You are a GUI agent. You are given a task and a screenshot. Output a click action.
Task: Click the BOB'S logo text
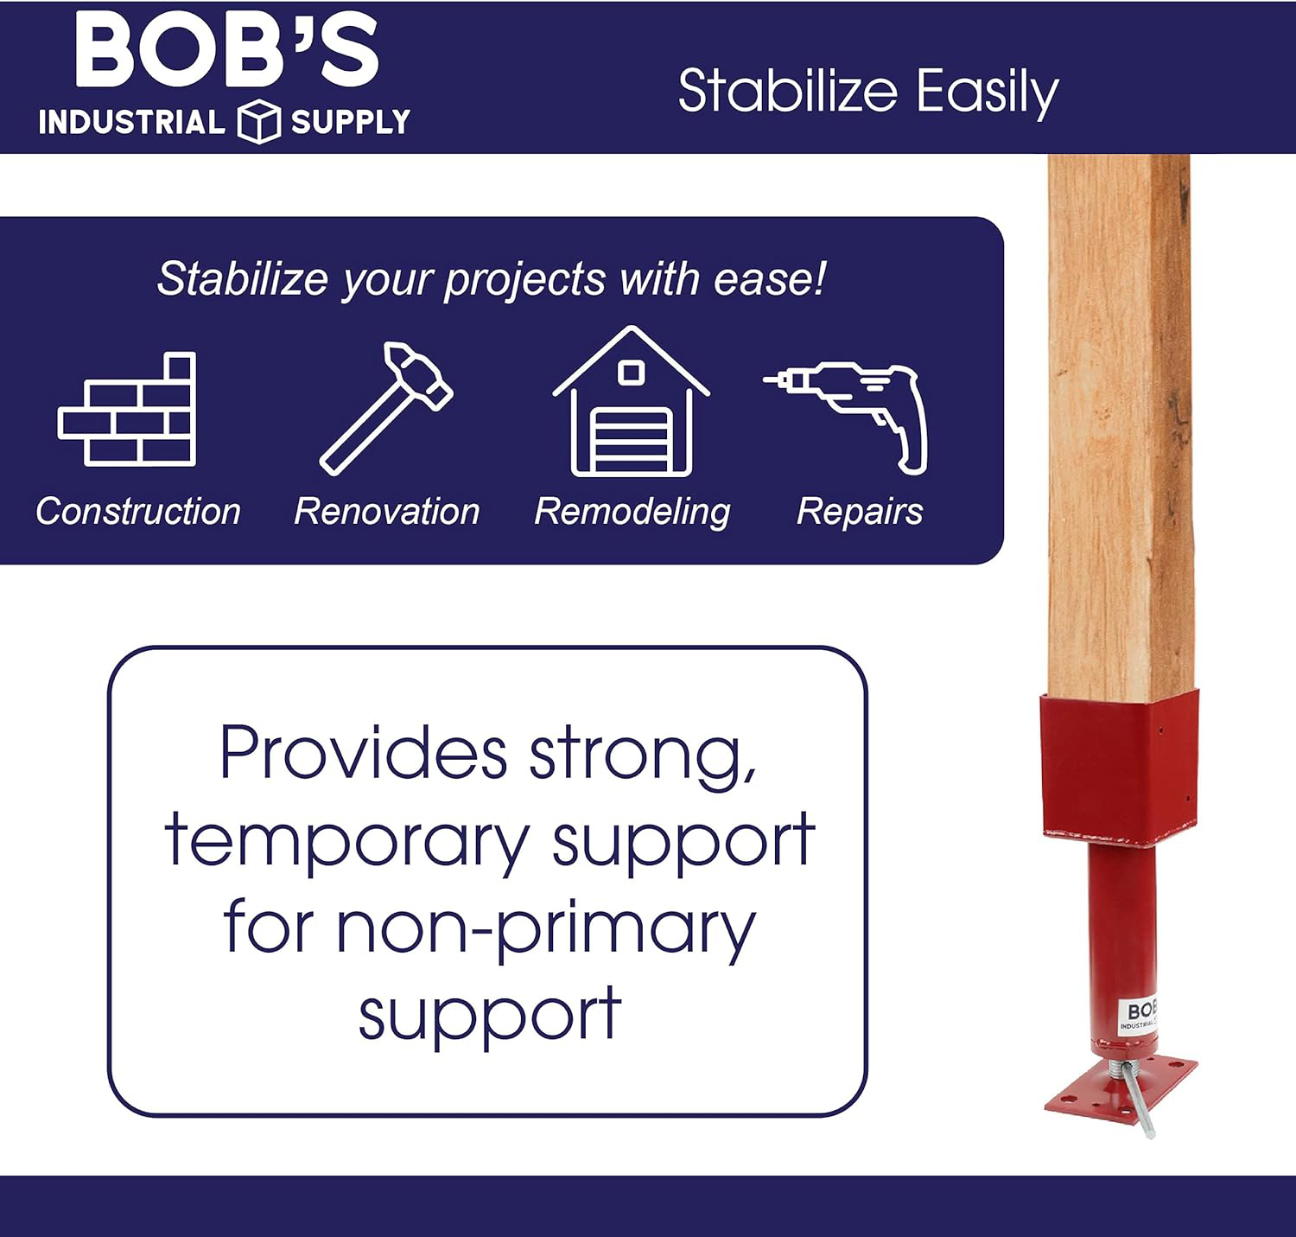pos(227,50)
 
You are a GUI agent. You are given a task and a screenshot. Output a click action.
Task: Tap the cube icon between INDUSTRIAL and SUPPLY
pos(259,121)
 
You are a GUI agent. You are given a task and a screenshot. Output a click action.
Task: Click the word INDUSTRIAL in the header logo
pos(132,123)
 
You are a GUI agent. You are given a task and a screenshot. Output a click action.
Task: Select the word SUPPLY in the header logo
pos(351,123)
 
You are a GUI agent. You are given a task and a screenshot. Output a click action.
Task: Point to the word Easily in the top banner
pos(987,93)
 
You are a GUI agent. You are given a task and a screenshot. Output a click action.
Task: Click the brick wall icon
pos(127,409)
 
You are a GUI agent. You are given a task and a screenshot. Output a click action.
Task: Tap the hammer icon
pos(386,408)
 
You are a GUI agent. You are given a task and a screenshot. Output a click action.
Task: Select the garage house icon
pos(632,401)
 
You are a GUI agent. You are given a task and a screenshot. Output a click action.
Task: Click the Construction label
pos(138,511)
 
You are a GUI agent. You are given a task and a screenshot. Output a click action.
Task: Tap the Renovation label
pos(387,511)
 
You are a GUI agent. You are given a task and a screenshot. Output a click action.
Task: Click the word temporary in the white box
pos(346,842)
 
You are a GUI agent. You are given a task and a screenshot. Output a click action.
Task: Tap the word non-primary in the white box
pos(545,930)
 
